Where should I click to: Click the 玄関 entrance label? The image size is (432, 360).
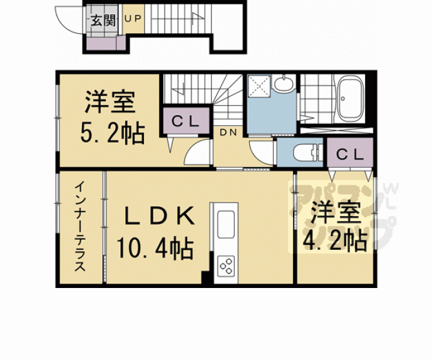[103, 21]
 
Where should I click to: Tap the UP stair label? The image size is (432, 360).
[133, 18]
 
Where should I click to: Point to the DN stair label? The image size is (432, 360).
[229, 133]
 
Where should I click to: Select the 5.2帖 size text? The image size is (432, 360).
[113, 133]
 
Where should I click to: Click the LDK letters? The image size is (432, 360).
[160, 216]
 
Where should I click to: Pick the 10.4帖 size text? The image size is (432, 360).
[155, 248]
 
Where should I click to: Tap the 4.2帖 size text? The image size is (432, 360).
[335, 240]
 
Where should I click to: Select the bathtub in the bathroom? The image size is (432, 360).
[350, 98]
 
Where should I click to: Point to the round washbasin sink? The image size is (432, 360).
[283, 83]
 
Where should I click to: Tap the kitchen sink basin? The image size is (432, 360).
[226, 225]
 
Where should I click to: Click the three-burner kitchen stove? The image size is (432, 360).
[226, 266]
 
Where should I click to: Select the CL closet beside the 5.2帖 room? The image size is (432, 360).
[186, 121]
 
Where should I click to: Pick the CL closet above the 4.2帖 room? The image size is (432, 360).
[350, 153]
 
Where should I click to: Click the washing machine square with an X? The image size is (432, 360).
[259, 86]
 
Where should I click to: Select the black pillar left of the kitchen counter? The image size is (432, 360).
[205, 277]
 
